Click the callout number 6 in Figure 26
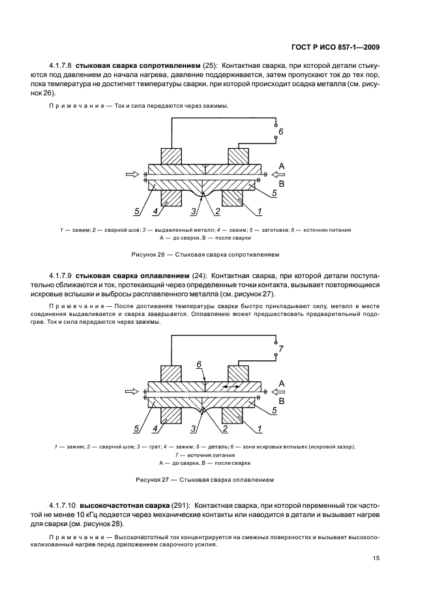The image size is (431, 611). [281, 132]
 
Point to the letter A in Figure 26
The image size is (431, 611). [282, 166]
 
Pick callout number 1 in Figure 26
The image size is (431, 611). [259, 211]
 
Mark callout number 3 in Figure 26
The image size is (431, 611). [194, 211]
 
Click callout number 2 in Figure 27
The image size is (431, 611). [224, 428]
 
